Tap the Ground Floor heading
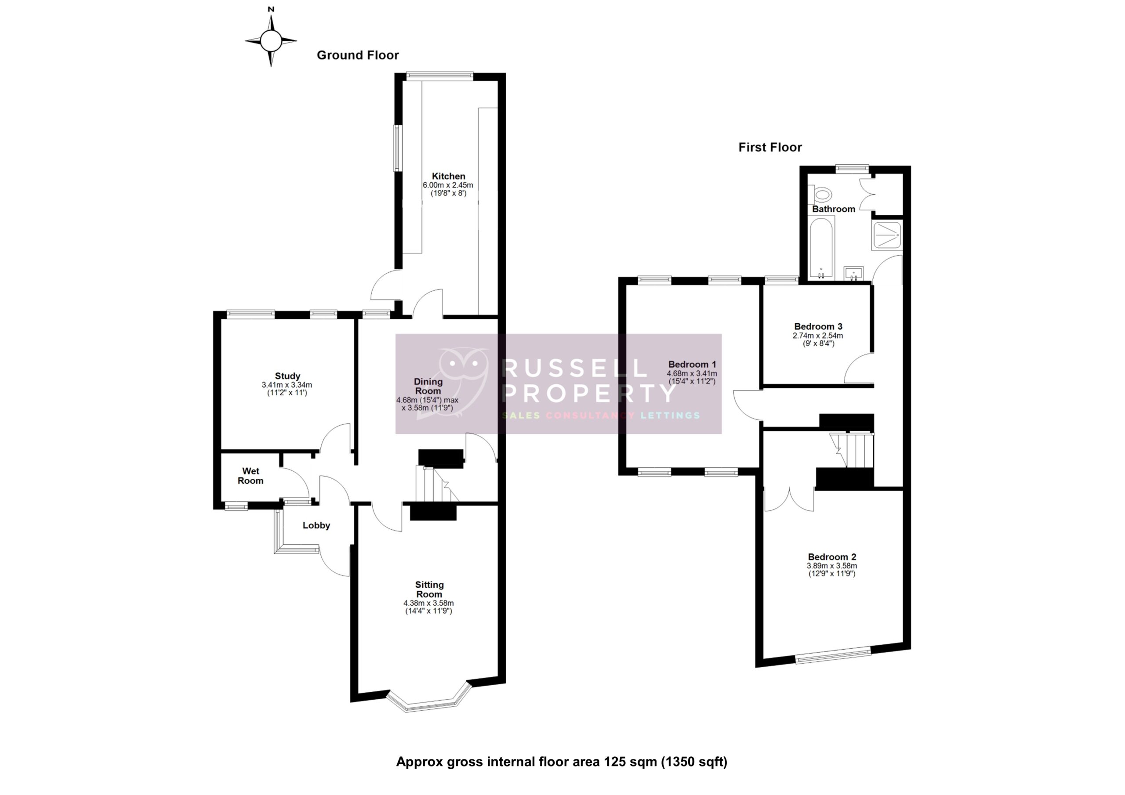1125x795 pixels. click(358, 55)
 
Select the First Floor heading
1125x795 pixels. click(770, 148)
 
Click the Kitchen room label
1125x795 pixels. click(448, 176)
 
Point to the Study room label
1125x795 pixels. click(287, 376)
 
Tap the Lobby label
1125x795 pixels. click(316, 526)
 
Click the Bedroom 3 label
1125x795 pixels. click(818, 327)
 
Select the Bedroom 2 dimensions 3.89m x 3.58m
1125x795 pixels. click(831, 566)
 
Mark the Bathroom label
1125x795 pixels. click(834, 209)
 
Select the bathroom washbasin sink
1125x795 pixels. click(853, 273)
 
